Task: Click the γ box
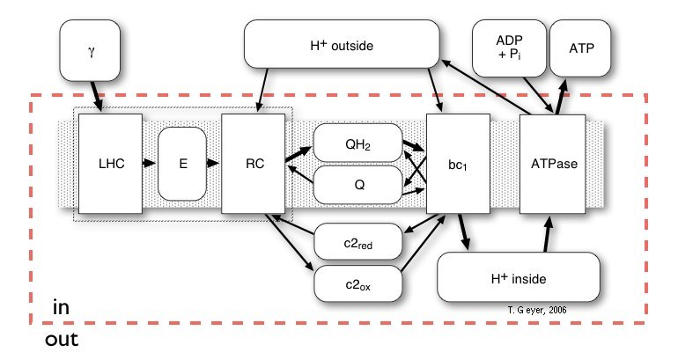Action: (x=92, y=49)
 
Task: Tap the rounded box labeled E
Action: (x=181, y=163)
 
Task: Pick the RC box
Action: (x=252, y=163)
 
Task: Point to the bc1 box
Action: (x=458, y=163)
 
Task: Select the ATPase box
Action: (x=552, y=163)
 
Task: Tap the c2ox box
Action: (x=357, y=283)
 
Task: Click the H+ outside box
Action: (x=342, y=42)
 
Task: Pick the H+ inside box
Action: (x=520, y=279)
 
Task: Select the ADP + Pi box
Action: (x=508, y=46)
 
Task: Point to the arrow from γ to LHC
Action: (x=98, y=93)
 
